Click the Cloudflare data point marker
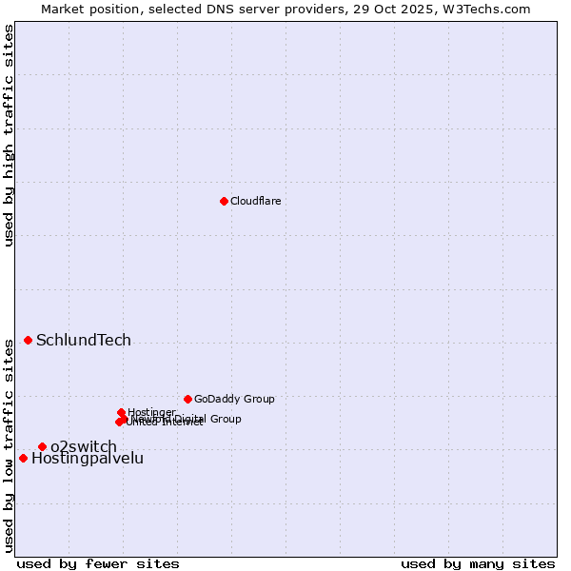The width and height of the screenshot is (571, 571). (x=224, y=201)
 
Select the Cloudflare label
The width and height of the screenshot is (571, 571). (x=255, y=201)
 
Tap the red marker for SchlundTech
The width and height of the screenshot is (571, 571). (x=29, y=340)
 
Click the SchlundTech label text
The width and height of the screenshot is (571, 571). (x=84, y=341)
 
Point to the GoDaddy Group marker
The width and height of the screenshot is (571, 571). (x=187, y=399)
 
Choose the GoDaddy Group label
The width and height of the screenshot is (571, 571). (x=234, y=399)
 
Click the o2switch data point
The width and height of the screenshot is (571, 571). (x=42, y=446)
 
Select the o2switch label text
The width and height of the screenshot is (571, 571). (x=84, y=447)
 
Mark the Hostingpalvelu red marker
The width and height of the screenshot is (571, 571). (x=23, y=458)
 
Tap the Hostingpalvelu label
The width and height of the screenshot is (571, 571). (x=88, y=459)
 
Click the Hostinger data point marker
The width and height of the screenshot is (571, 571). (x=121, y=412)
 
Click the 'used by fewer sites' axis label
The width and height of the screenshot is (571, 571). (x=98, y=563)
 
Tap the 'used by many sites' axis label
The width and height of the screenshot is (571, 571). (x=478, y=563)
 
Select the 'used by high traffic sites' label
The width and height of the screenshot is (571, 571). (x=9, y=136)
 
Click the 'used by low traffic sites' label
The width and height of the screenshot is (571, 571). (x=9, y=445)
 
